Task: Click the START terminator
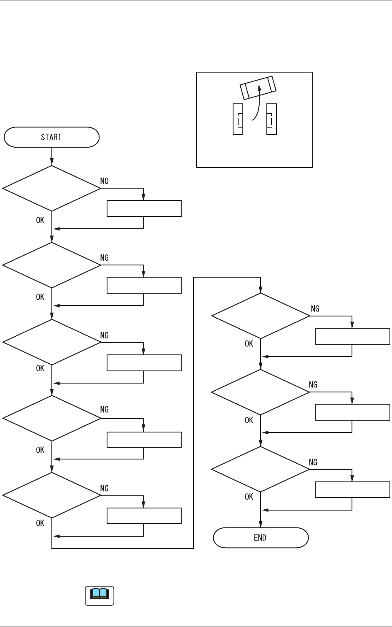(x=51, y=137)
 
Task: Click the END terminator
(x=260, y=538)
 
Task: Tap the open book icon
(x=99, y=595)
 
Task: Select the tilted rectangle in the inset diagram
(x=258, y=87)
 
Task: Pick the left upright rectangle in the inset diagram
(x=238, y=119)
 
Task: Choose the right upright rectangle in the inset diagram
(x=271, y=119)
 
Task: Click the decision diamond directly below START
(x=51, y=188)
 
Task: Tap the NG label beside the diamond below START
(x=104, y=181)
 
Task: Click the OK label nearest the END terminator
(x=249, y=497)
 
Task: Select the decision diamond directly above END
(x=260, y=469)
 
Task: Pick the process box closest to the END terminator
(x=352, y=489)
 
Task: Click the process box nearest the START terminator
(x=144, y=208)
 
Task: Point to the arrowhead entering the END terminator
(x=260, y=524)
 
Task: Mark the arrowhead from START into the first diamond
(x=52, y=162)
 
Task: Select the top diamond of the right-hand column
(x=260, y=316)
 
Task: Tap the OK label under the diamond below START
(x=40, y=220)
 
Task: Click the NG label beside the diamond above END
(x=313, y=462)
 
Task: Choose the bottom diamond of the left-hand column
(x=51, y=495)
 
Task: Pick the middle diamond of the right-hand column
(x=260, y=392)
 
